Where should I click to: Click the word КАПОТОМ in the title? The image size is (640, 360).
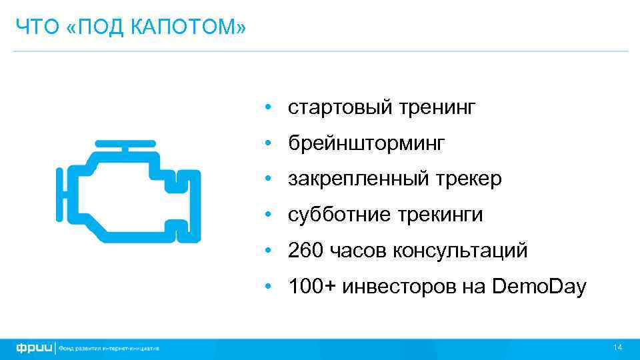pos(195,27)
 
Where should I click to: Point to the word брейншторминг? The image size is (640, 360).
pos(366,143)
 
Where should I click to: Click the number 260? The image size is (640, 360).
pos(305,251)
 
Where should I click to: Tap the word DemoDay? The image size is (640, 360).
pos(539,287)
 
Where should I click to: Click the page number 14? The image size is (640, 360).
pos(617,348)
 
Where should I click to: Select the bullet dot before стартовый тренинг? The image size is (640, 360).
pos(266,107)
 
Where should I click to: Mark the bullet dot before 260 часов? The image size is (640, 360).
pos(266,251)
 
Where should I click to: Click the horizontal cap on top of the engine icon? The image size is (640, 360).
pos(125,143)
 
